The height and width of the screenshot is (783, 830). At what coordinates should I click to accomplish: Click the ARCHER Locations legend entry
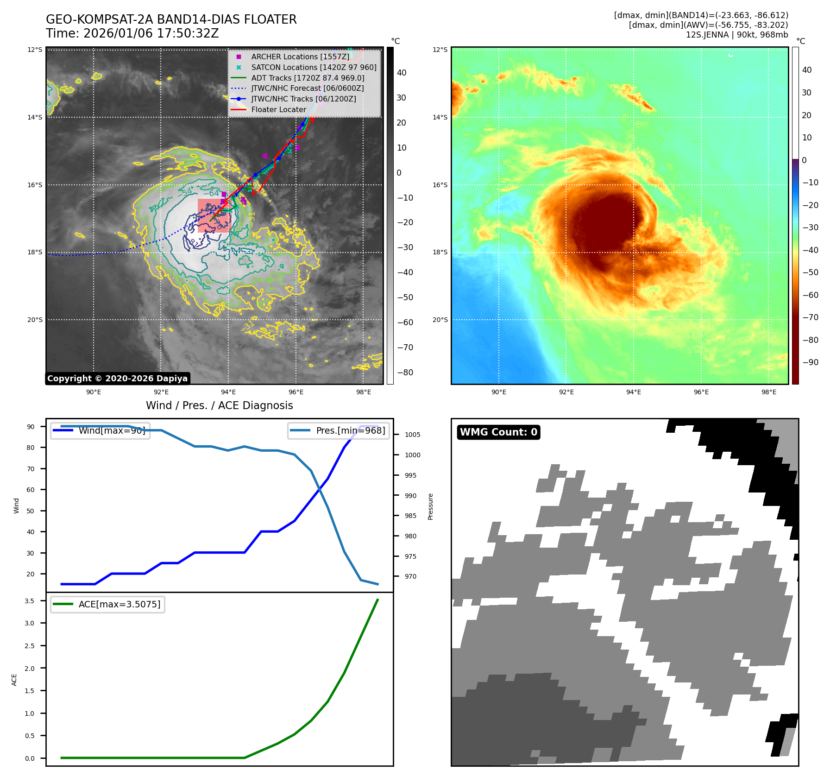tap(300, 57)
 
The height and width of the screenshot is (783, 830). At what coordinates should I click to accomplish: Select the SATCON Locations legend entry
tap(313, 67)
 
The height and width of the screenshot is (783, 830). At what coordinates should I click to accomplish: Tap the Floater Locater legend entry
tap(278, 109)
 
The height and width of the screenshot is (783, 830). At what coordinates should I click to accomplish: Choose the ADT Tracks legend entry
tap(307, 78)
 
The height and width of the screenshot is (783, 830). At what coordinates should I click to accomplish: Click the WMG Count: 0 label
tap(498, 432)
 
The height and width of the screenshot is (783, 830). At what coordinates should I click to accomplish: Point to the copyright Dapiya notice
tap(117, 379)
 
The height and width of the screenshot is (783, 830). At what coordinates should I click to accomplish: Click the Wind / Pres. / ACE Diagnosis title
tap(219, 405)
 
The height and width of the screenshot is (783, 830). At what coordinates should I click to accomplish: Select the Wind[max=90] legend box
tap(100, 430)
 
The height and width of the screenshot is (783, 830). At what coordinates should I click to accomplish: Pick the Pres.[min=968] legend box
tap(338, 430)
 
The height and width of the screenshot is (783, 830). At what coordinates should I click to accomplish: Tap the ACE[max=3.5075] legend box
tap(107, 604)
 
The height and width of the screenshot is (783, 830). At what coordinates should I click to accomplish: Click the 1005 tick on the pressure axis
tap(412, 435)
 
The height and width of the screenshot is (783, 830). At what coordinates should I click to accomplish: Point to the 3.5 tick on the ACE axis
tap(30, 601)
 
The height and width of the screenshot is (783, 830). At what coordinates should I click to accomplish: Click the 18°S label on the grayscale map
tap(35, 253)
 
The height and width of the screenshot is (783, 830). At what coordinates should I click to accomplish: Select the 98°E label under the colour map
tap(768, 392)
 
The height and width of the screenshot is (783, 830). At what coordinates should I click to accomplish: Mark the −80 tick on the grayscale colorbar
tap(405, 373)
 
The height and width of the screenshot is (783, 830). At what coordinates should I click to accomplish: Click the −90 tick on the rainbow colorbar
tap(810, 362)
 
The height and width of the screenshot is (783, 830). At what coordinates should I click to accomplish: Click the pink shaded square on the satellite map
tap(214, 216)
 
